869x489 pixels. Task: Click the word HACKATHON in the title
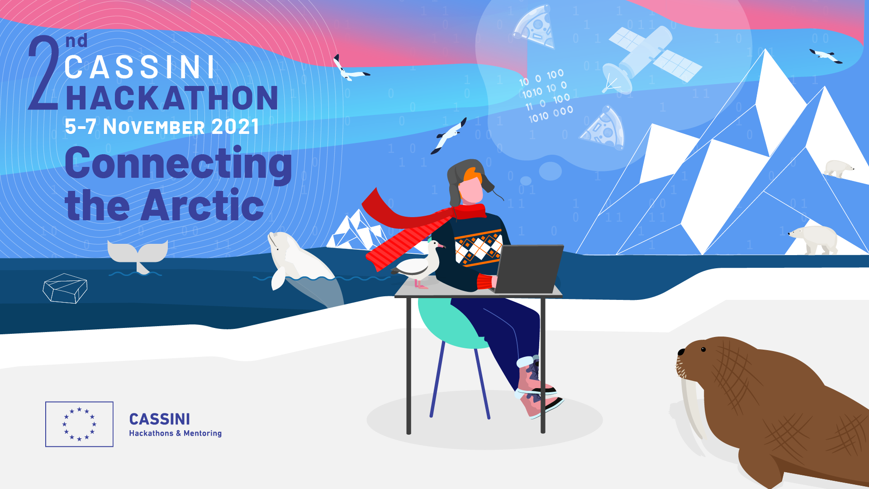172,98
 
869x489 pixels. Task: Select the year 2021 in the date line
235,126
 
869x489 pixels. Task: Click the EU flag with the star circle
79,424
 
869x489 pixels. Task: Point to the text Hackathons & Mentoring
176,433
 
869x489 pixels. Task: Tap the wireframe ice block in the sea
65,288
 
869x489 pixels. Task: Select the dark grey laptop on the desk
529,269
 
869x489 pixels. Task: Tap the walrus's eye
703,349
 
